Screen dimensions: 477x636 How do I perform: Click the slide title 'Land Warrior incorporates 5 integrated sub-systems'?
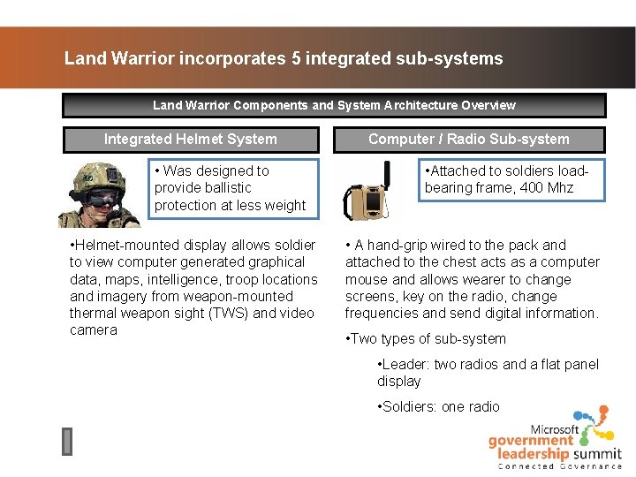(284, 59)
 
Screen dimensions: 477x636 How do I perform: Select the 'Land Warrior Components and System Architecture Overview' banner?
(334, 105)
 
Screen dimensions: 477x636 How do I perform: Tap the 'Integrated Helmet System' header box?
(190, 139)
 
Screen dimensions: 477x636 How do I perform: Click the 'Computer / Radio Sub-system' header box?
(468, 139)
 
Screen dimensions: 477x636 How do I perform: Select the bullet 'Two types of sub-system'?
(428, 338)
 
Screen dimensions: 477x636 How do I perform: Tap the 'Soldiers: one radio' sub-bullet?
(441, 406)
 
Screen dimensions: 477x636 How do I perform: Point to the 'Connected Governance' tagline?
(560, 466)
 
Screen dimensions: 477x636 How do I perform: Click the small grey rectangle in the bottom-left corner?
(67, 442)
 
